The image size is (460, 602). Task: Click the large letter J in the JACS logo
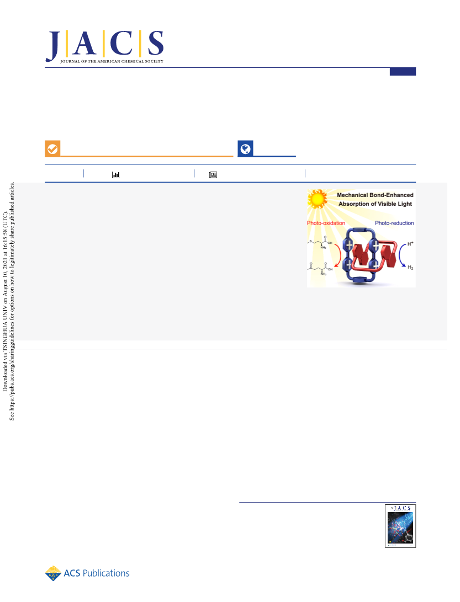(54, 45)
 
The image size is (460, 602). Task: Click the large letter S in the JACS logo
(156, 43)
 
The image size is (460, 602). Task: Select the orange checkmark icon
(52, 148)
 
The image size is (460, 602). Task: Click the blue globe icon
(246, 148)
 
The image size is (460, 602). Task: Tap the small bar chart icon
(115, 175)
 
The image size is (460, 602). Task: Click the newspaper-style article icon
(213, 175)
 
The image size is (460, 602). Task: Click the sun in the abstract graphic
(318, 199)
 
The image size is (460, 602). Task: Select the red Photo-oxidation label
(326, 223)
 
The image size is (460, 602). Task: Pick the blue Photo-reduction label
(394, 223)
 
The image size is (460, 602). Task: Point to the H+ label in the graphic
(410, 243)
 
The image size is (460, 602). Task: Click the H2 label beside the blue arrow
(410, 268)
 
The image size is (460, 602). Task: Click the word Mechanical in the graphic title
(352, 195)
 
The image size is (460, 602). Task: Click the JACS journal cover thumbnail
(400, 526)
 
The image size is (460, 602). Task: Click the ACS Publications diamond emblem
(53, 573)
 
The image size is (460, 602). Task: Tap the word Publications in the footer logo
(106, 573)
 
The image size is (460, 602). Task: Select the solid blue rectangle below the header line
(403, 72)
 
